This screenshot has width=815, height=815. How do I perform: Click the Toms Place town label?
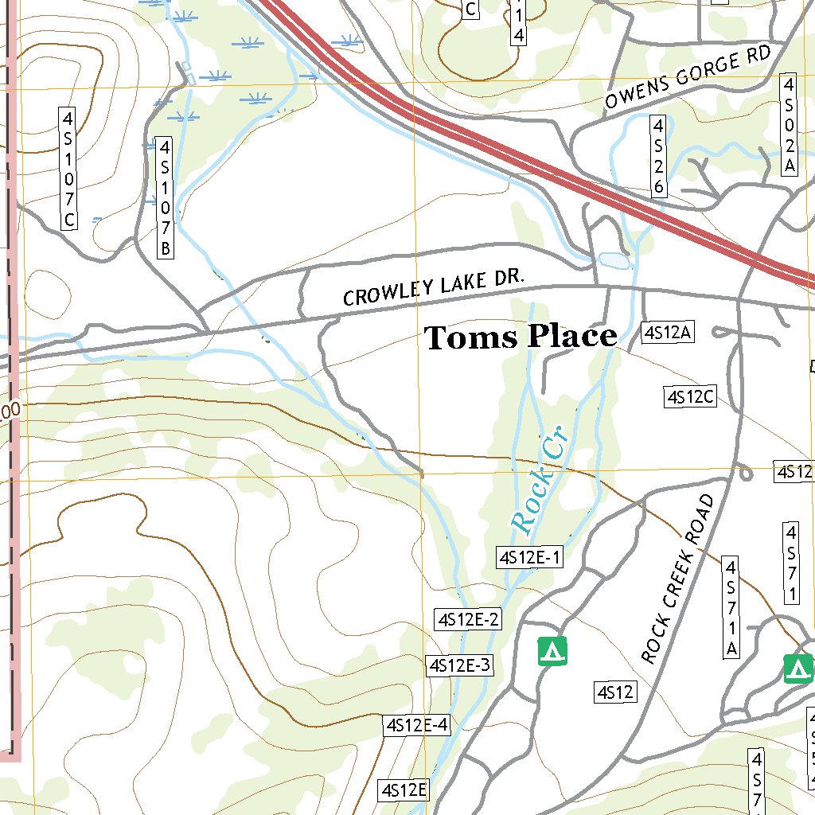point(521,337)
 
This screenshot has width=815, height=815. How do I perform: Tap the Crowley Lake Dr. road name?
point(434,287)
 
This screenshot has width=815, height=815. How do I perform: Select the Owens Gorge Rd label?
point(688,77)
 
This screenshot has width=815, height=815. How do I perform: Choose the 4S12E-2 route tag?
point(468,619)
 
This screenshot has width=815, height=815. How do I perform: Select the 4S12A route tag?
point(669,333)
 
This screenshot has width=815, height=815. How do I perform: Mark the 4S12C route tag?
point(691,396)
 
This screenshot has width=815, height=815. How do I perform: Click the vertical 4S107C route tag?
point(69,170)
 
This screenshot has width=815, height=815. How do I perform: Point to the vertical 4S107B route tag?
point(165,198)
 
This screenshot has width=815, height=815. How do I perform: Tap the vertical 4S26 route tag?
point(658,156)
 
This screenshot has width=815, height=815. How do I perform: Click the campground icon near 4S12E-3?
point(553,651)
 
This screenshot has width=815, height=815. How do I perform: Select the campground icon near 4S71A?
point(797,669)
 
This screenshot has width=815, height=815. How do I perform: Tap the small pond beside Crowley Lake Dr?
point(614,260)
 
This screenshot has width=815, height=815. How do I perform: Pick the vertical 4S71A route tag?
point(731,608)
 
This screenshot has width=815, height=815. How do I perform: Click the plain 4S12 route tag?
point(615,692)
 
